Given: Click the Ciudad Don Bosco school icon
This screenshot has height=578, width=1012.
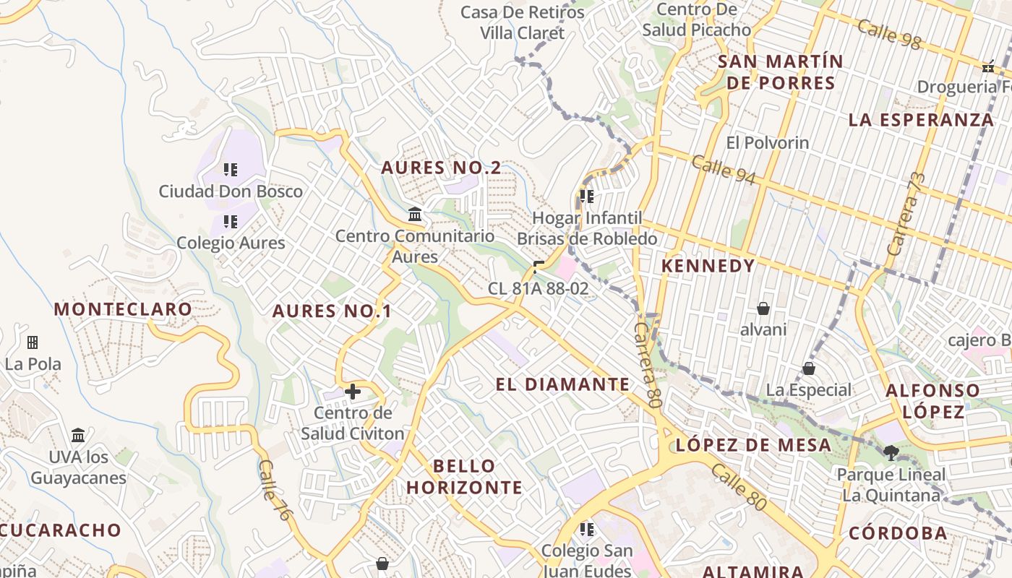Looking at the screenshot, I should (230, 171).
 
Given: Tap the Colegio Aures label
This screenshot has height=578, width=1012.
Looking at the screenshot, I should (231, 243).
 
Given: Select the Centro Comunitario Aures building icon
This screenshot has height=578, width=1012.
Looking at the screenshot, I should (415, 215).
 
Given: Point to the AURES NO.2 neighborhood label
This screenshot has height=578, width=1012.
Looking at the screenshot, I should (441, 168).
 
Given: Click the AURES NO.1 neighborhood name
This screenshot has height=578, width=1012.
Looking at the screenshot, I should (332, 311).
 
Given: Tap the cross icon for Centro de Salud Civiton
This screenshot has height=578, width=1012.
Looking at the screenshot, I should (353, 392).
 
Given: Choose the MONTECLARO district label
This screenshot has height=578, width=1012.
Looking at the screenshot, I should (123, 309).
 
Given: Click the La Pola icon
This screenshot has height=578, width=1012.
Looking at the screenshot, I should (33, 342).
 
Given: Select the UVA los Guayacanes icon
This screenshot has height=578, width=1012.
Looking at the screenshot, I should (78, 436).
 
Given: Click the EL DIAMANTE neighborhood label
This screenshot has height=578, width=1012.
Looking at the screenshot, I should (563, 384).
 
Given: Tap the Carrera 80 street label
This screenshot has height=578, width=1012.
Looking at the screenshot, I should (648, 365).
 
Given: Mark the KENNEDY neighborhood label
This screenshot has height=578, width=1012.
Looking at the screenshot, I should (708, 266).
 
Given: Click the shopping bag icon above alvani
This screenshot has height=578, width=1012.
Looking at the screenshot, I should (763, 309).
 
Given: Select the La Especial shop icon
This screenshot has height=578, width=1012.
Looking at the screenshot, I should (809, 369).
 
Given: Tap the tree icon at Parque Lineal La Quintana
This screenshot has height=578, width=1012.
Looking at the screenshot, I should (891, 453).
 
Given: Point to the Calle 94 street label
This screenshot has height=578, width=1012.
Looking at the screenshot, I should (724, 170).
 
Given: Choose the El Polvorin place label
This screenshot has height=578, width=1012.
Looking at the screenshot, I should (768, 142).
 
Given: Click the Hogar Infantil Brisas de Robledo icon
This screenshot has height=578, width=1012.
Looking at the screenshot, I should (586, 196).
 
